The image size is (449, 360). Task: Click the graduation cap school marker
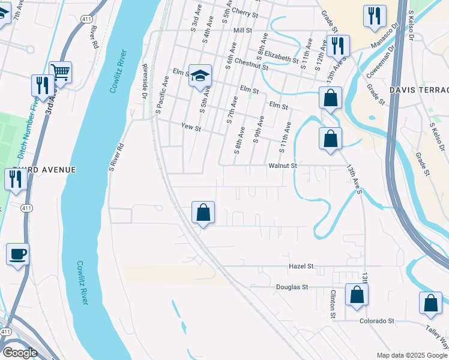click(x=200, y=76)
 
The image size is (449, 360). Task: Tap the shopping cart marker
click(x=60, y=73)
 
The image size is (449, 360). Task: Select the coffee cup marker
click(x=17, y=254)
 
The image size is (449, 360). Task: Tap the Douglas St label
click(x=292, y=287)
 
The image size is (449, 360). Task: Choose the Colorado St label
click(x=376, y=320)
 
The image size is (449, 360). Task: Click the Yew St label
click(x=191, y=127)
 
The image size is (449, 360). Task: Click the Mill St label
click(x=243, y=29)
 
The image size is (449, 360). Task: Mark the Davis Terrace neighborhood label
click(x=419, y=89)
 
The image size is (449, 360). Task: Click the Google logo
click(x=20, y=353)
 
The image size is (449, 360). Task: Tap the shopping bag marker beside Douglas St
click(x=357, y=295)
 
